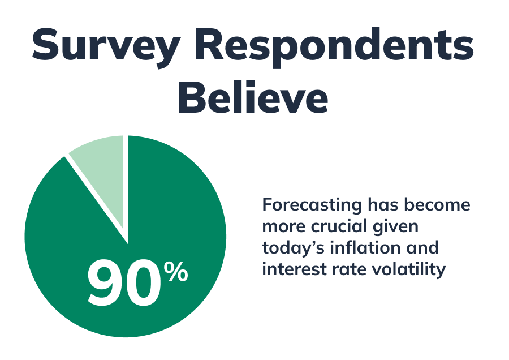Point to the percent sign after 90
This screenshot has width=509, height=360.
point(176,273)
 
